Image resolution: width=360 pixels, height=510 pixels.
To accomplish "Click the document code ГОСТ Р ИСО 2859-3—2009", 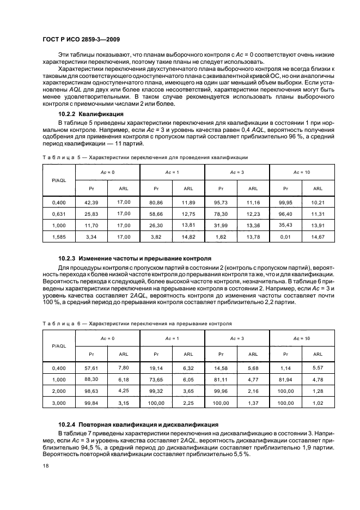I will click(82, 40).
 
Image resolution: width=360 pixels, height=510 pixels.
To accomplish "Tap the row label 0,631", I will click(59, 214).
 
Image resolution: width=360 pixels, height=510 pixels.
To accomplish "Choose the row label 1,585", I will click(59, 237).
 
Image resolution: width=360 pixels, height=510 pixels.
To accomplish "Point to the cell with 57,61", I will click(91, 369).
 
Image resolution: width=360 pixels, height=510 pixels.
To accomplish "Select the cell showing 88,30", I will click(91, 380).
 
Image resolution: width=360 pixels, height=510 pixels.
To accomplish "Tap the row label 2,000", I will click(59, 392).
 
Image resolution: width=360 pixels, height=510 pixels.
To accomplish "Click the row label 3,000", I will click(59, 404).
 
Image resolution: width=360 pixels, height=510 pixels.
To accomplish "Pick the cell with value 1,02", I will click(318, 404).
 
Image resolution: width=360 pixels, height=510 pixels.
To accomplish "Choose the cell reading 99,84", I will click(91, 404).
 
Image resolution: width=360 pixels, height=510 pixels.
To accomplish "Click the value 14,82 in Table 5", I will click(188, 237).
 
